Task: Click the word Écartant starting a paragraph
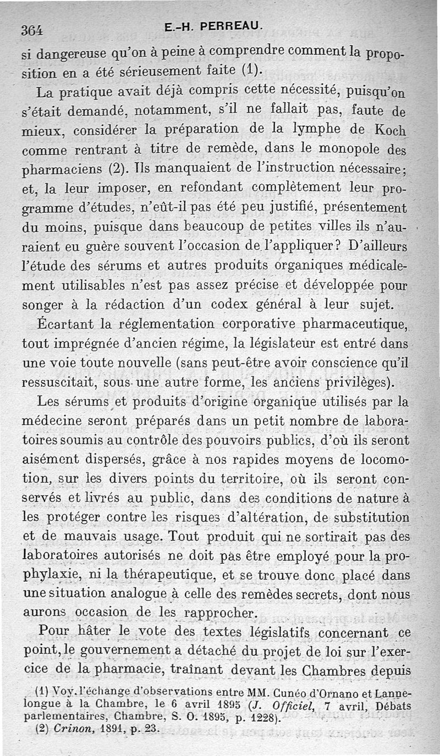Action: pyautogui.click(x=65, y=324)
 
